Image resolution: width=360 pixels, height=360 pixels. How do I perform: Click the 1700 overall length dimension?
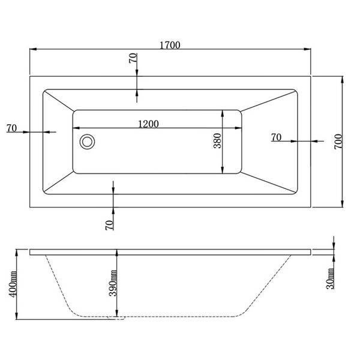170,45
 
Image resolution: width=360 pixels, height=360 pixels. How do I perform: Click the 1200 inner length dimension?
149,124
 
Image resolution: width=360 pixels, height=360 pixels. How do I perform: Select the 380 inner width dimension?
217,141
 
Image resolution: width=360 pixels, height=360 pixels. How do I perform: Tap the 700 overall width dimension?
338,142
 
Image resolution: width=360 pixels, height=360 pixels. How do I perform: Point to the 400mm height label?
13,284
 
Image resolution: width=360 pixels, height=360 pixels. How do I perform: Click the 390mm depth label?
113,283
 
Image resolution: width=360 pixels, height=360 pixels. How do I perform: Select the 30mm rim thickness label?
330,278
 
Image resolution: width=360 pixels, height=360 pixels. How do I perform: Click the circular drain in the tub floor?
87,142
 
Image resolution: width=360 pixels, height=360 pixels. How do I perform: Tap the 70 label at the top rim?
133,58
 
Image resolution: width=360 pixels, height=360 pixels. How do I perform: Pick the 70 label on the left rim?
12,128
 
